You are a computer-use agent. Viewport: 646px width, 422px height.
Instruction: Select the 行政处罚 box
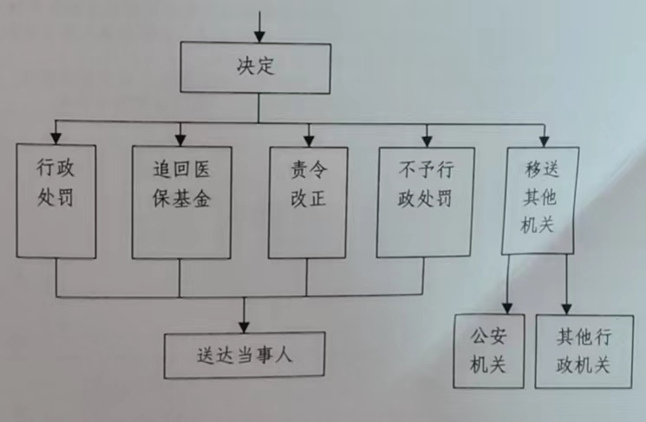coord(55,201)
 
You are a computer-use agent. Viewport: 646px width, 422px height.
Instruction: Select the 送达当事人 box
coord(245,355)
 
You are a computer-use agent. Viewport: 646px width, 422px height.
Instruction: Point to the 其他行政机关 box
coord(583,350)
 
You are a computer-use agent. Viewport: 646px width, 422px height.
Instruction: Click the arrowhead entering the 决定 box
coord(258,37)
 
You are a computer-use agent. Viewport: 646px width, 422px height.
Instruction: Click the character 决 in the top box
coord(245,67)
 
